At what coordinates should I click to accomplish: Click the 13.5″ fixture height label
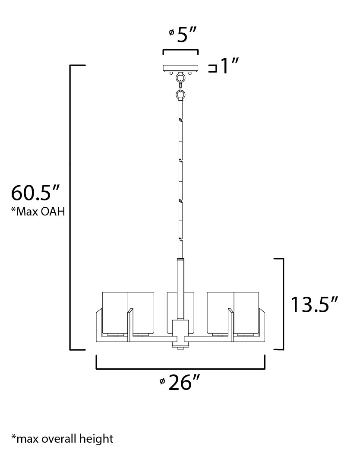pyautogui.click(x=313, y=304)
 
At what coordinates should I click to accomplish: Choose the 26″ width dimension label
pyautogui.click(x=184, y=382)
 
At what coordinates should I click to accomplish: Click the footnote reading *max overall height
pyautogui.click(x=62, y=439)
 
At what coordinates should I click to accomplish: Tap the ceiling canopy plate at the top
pyautogui.click(x=180, y=68)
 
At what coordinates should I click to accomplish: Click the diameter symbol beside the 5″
pyautogui.click(x=171, y=32)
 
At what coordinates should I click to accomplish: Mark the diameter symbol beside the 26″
pyautogui.click(x=162, y=380)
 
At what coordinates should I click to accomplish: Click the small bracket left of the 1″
pyautogui.click(x=212, y=68)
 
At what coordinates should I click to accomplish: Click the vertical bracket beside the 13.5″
pyautogui.click(x=281, y=304)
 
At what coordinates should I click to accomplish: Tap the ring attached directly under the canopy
pyautogui.click(x=180, y=78)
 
